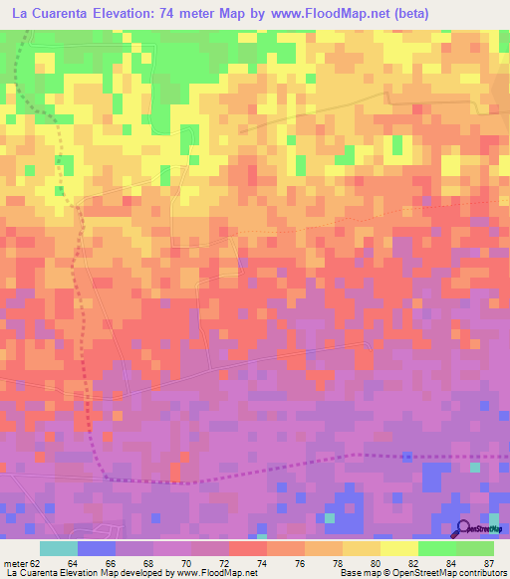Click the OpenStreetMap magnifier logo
pyautogui.click(x=462, y=529)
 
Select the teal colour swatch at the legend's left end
pyautogui.click(x=58, y=548)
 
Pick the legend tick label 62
pyautogui.click(x=38, y=562)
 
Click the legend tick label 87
pyautogui.click(x=488, y=562)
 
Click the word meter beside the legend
pyautogui.click(x=15, y=562)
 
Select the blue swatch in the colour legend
pyautogui.click(x=96, y=548)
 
